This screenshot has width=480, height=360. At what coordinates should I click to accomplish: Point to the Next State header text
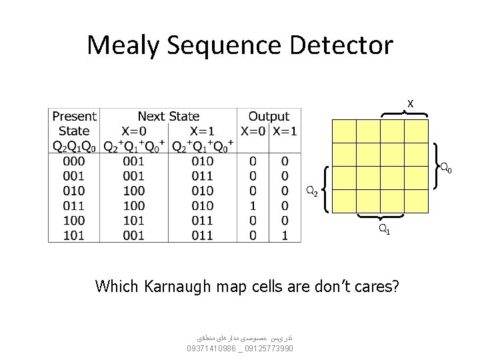[x=169, y=117]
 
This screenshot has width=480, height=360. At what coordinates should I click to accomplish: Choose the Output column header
[x=269, y=117]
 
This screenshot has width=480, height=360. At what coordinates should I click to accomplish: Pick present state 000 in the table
[x=74, y=161]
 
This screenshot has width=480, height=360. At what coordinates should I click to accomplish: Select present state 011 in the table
[x=74, y=205]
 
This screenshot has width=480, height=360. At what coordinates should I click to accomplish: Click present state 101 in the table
[x=74, y=235]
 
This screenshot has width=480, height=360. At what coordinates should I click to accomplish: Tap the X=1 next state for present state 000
[x=202, y=161]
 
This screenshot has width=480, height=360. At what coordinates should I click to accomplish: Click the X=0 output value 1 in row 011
[x=253, y=205]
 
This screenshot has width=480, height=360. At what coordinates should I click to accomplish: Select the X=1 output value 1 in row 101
[x=285, y=235]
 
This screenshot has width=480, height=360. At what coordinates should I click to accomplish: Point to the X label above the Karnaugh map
[x=411, y=104]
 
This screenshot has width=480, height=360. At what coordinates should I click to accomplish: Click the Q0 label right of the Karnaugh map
[x=445, y=168]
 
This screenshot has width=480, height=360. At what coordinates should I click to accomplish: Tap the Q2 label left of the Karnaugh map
[x=311, y=192]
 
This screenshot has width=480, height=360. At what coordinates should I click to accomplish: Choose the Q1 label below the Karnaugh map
[x=385, y=229]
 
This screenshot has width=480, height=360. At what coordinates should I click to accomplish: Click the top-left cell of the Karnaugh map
[x=345, y=131]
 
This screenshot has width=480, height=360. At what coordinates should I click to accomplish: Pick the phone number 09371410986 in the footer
[x=211, y=349]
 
